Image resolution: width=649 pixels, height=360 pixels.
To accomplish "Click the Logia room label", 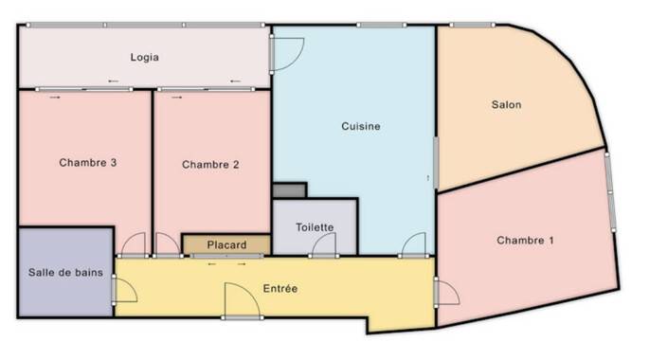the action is (x=144, y=57).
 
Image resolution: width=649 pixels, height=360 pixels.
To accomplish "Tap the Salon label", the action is (x=506, y=105).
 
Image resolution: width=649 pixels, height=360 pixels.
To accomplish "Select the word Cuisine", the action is (x=361, y=126).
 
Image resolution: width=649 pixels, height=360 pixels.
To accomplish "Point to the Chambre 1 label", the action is (x=525, y=241).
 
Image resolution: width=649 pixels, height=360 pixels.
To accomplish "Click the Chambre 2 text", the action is (x=210, y=165).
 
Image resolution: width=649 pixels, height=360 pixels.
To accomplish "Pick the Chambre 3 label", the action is (x=88, y=163).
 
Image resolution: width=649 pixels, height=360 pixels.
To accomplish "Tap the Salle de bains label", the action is (x=65, y=273).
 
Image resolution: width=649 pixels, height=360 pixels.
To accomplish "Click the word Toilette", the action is (x=315, y=227).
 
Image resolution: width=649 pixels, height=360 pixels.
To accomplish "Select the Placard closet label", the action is (x=226, y=245).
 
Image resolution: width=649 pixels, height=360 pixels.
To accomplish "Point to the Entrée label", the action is (x=280, y=288).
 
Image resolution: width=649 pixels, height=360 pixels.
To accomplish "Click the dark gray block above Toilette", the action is (x=289, y=190).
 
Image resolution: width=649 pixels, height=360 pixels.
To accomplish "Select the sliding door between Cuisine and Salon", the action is (x=436, y=164).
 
